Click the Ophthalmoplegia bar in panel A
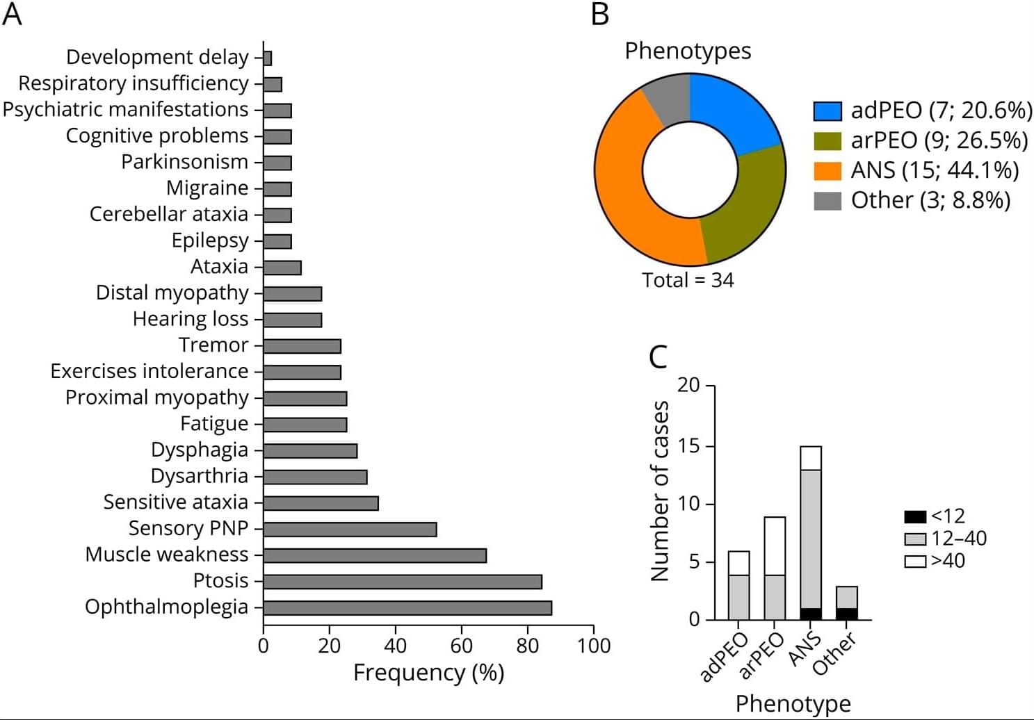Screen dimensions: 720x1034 (407, 608)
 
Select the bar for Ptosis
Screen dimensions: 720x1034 (403, 582)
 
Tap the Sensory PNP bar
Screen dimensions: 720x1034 (350, 530)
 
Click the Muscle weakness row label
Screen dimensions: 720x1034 (167, 555)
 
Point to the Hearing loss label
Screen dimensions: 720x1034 (191, 319)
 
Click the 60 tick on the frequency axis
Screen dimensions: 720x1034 (461, 646)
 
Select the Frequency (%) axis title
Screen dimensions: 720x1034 (428, 673)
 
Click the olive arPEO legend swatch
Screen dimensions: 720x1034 (827, 141)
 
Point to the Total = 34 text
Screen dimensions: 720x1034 (688, 280)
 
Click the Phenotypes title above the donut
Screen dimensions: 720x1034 (688, 51)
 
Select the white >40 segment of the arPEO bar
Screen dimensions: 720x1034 (775, 546)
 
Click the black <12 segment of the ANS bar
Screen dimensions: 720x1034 (811, 614)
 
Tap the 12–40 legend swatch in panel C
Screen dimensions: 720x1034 (915, 539)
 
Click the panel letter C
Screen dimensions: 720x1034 (658, 357)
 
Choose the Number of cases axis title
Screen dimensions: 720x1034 (659, 491)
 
